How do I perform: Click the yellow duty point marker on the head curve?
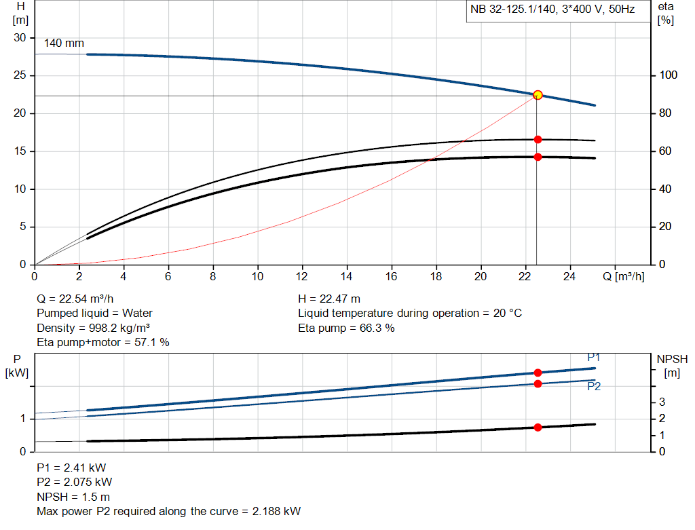(538, 95)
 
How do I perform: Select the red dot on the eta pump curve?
(538, 139)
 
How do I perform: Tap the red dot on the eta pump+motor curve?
(538, 157)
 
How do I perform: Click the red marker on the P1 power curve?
(538, 373)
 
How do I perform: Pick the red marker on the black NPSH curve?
(538, 428)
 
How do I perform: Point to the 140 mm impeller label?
(64, 43)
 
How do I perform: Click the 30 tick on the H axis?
(20, 38)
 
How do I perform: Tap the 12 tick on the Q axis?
(302, 276)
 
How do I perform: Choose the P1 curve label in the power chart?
(594, 358)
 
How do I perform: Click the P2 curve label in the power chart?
(594, 386)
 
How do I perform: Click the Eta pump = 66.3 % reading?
(346, 328)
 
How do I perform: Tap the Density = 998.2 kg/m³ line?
(93, 328)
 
